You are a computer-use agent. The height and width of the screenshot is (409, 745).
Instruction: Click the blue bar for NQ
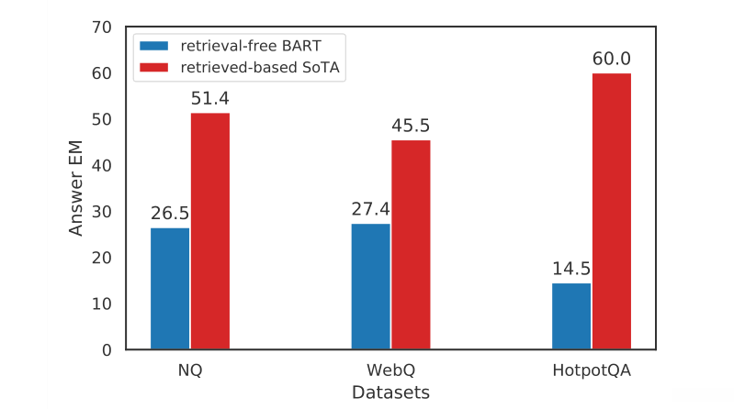click(170, 288)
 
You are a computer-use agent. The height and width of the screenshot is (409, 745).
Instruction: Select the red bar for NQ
click(210, 231)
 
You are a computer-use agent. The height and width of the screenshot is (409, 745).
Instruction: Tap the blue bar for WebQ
click(371, 286)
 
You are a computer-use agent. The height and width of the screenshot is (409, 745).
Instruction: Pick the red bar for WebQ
click(411, 244)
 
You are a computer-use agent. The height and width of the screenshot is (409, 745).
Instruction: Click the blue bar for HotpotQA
click(571, 316)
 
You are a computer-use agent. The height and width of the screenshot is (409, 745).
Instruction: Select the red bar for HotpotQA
click(612, 211)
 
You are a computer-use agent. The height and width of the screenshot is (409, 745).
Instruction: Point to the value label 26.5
click(170, 214)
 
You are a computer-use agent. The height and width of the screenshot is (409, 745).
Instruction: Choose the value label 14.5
click(571, 270)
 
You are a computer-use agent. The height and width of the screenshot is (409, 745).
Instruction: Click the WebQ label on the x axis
click(390, 370)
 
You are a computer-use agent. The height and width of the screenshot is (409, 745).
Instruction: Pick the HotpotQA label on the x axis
click(592, 370)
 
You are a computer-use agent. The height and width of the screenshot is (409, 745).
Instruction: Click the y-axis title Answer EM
click(76, 188)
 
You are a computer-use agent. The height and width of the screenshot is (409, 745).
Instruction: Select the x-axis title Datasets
click(390, 392)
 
